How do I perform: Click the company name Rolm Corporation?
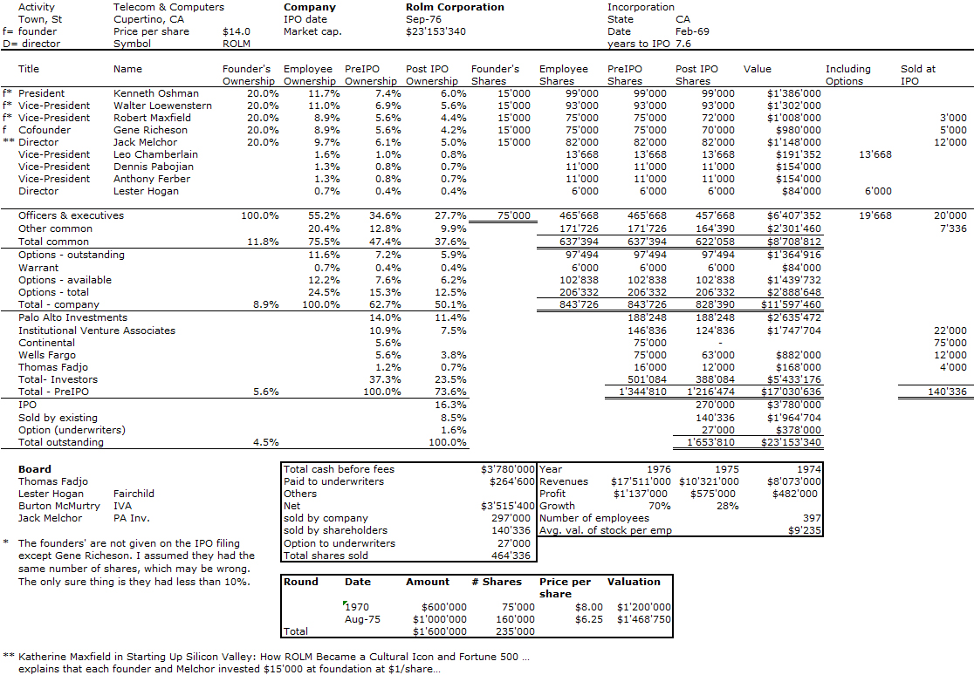coord(455,7)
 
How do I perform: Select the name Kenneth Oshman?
coord(155,93)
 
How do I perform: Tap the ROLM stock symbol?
coord(237,44)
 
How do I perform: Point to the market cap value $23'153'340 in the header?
coord(436,31)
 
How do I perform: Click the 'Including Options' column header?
coord(847,75)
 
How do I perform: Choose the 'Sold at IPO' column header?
coord(918,75)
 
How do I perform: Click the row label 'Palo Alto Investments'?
coord(72,318)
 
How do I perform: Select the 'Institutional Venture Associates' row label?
coord(96,331)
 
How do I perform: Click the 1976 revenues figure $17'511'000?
coord(641,481)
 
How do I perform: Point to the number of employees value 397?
coord(811,518)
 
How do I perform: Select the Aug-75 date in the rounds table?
coord(360,619)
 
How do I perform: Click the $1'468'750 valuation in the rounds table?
coord(643,619)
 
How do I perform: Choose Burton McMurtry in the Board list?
coord(59,506)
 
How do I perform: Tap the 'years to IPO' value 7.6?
coord(684,44)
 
